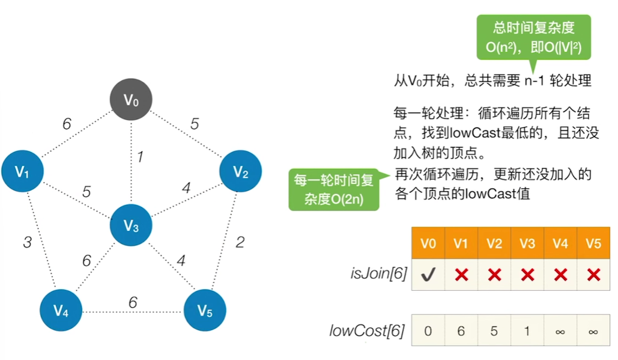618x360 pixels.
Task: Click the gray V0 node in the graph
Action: (x=131, y=99)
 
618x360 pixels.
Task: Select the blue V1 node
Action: (x=22, y=172)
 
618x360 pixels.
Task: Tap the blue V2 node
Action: (x=240, y=172)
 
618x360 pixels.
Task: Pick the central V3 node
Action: (x=131, y=226)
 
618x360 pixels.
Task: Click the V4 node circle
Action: (x=60, y=310)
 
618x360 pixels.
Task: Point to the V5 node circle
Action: (x=204, y=310)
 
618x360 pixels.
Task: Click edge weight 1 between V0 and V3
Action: (x=139, y=157)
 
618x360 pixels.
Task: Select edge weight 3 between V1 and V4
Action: (x=27, y=242)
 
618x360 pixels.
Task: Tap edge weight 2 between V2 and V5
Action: (x=240, y=242)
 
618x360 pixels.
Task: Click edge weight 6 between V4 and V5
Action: (x=133, y=302)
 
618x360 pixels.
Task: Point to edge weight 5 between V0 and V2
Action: (x=194, y=124)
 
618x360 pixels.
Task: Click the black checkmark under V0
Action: (x=428, y=275)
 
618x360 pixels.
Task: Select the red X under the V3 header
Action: (x=527, y=275)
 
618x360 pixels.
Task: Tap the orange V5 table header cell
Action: (x=593, y=243)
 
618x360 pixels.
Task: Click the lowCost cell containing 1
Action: (x=527, y=330)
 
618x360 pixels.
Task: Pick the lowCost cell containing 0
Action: (x=428, y=330)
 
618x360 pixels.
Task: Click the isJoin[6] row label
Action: (x=378, y=275)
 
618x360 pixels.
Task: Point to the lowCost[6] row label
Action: (x=366, y=330)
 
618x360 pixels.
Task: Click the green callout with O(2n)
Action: (x=334, y=189)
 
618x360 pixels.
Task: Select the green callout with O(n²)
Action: (x=533, y=38)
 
